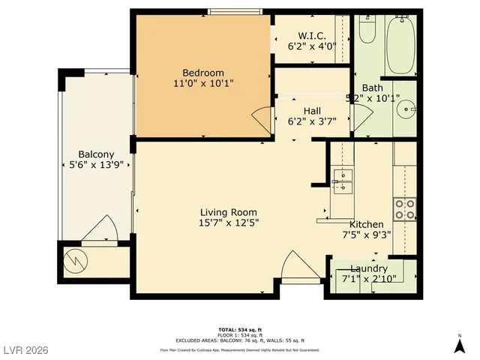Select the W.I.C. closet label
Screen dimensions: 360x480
(x=311, y=35)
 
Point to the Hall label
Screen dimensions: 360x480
(x=312, y=111)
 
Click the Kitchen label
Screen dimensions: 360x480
(x=367, y=224)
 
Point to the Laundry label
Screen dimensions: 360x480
(x=369, y=268)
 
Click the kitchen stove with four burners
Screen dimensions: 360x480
(x=405, y=208)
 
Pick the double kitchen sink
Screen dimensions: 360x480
(x=342, y=181)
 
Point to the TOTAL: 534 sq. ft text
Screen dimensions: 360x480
(x=239, y=329)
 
